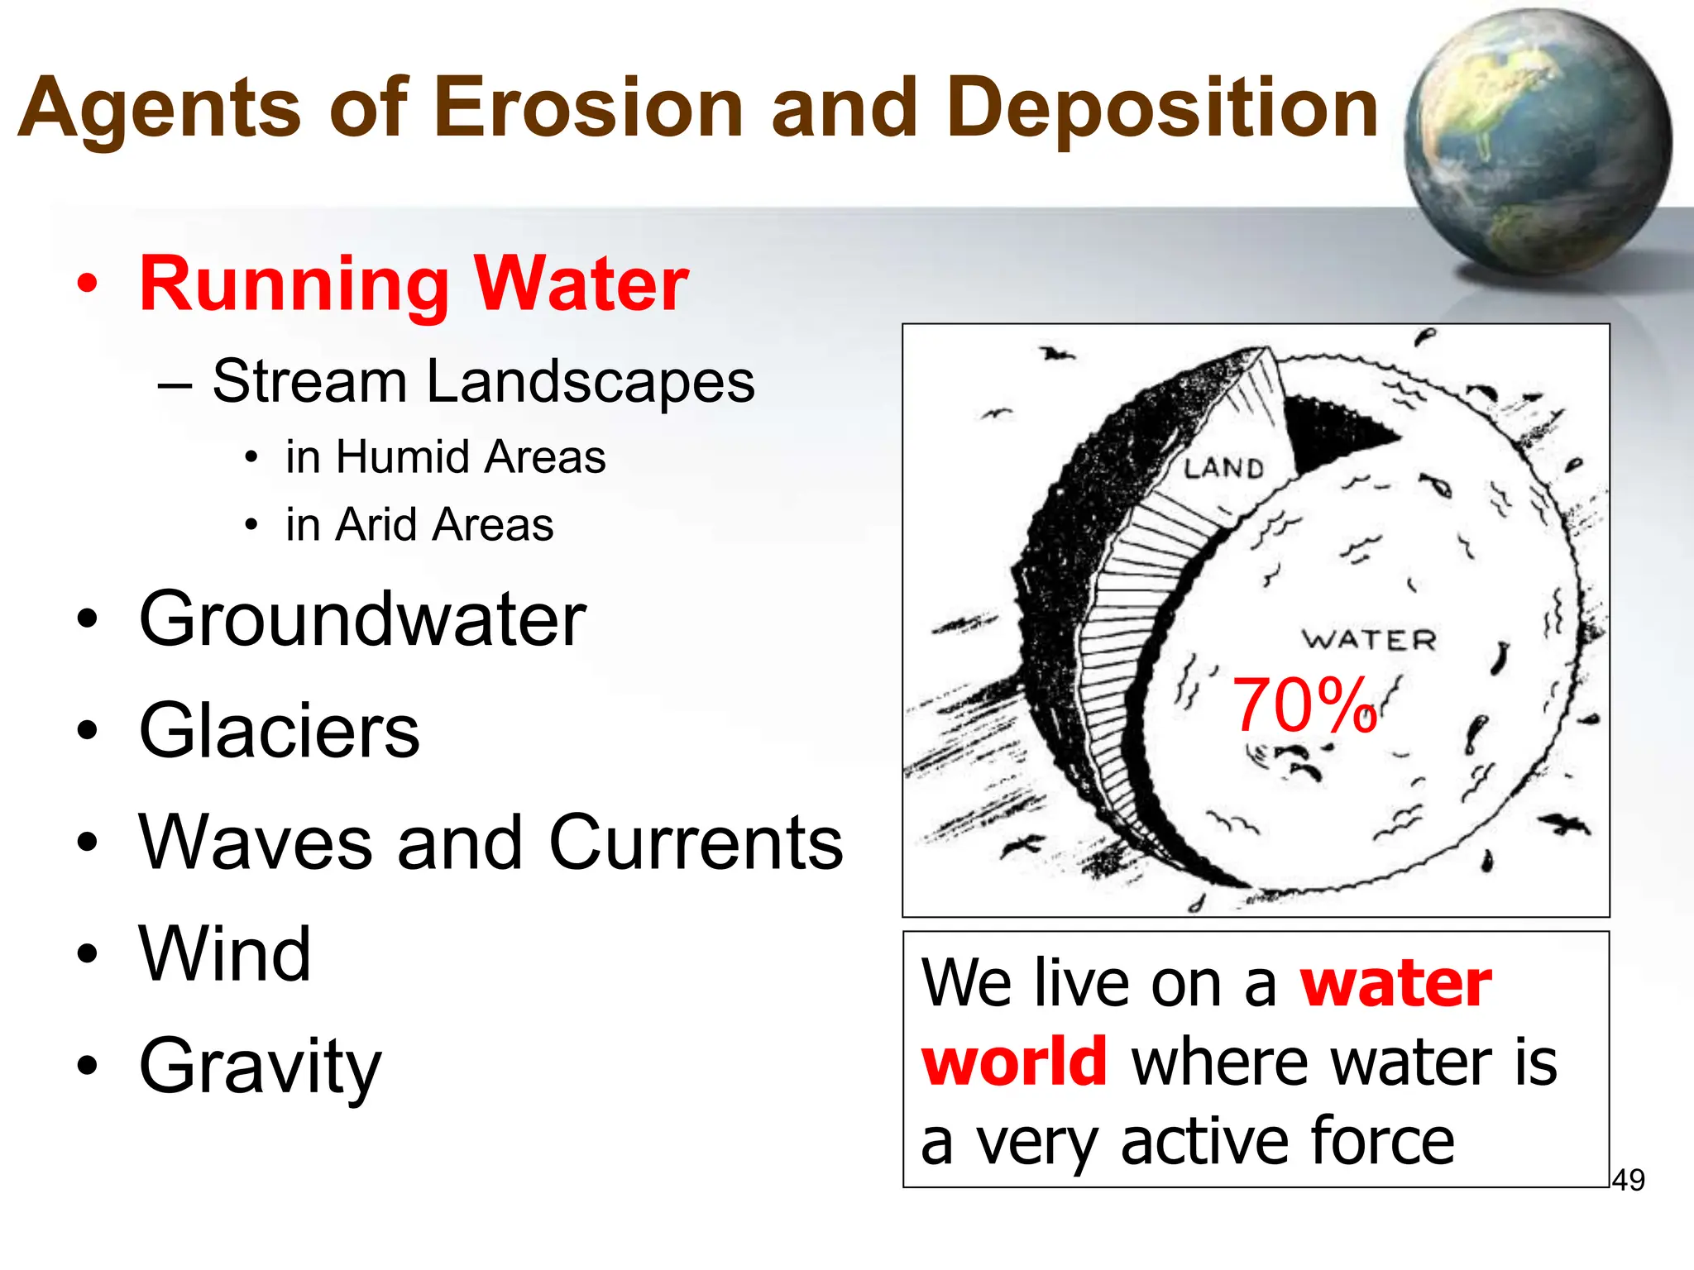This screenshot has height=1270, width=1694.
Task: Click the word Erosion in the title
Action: pos(588,107)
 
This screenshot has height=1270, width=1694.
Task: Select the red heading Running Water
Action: pos(414,284)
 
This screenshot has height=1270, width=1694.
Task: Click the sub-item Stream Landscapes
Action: pos(483,381)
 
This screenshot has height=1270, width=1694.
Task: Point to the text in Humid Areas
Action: pos(445,457)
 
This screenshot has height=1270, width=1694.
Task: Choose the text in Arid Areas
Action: pos(419,525)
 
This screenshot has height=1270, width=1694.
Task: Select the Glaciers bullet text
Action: pos(280,730)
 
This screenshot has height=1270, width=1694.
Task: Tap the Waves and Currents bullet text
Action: pos(490,843)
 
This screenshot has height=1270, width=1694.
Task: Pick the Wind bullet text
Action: pos(225,954)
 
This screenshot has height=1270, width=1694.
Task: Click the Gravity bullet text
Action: pos(260,1067)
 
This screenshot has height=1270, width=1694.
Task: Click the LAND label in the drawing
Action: pos(1223,469)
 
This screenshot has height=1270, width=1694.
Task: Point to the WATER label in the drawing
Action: pos(1369,639)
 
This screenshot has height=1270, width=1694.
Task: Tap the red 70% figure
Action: pos(1304,705)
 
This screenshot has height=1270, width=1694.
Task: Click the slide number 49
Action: pos(1628,1180)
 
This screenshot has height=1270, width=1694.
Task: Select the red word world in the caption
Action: pos(1014,1062)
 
